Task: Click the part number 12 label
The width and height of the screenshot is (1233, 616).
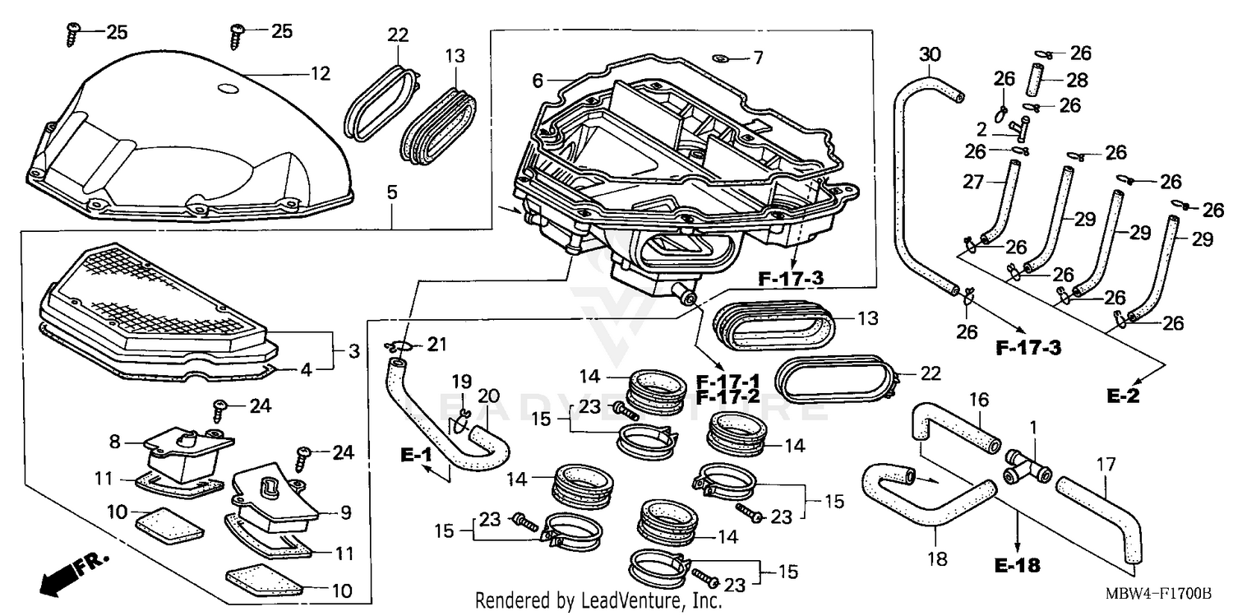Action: coord(320,74)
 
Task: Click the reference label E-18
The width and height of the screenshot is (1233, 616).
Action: coord(1016,566)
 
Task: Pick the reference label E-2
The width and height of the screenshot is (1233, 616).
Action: coord(1124,396)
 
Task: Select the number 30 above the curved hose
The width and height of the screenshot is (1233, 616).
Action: coord(929,56)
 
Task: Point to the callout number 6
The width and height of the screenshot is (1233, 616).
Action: coord(538,81)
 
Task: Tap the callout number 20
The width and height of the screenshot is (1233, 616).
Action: coord(488,396)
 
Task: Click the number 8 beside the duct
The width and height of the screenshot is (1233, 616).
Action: coord(115,442)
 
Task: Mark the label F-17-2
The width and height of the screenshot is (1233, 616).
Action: coord(727,397)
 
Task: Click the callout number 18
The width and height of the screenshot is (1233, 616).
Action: coord(937,559)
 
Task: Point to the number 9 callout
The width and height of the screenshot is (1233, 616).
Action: coord(345,513)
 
